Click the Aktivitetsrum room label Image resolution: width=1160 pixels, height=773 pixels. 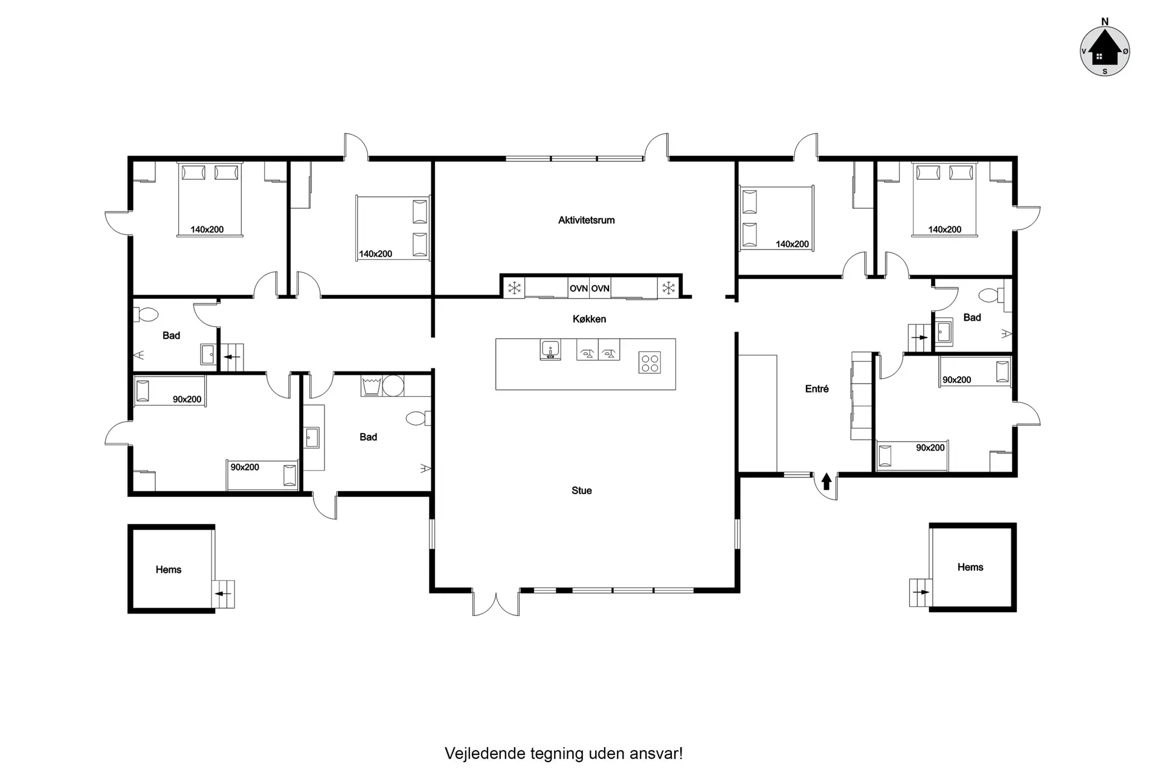pos(586,220)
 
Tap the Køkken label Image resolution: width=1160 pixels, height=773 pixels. pos(589,319)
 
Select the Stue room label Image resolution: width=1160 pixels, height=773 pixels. pos(581,490)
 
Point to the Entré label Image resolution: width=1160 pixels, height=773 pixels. pos(817,389)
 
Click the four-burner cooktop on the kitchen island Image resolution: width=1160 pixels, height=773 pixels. pos(650,362)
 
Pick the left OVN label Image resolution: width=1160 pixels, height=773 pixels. pos(579,289)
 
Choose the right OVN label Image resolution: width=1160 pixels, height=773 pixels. pos(600,289)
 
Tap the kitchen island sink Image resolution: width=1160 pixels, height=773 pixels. pos(550,350)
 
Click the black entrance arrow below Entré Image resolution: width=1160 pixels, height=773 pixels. pos(826,481)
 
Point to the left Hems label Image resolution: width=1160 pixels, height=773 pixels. pos(169,569)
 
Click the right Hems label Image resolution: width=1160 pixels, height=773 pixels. pos(970,567)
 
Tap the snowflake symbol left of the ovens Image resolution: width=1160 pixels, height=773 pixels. pos(514,288)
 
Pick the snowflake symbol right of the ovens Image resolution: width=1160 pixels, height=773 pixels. pos(669,288)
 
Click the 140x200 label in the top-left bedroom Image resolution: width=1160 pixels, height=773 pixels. pos(207,229)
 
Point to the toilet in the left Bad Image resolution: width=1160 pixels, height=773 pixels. pos(146,315)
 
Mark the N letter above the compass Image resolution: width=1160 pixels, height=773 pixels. pos(1105,22)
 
